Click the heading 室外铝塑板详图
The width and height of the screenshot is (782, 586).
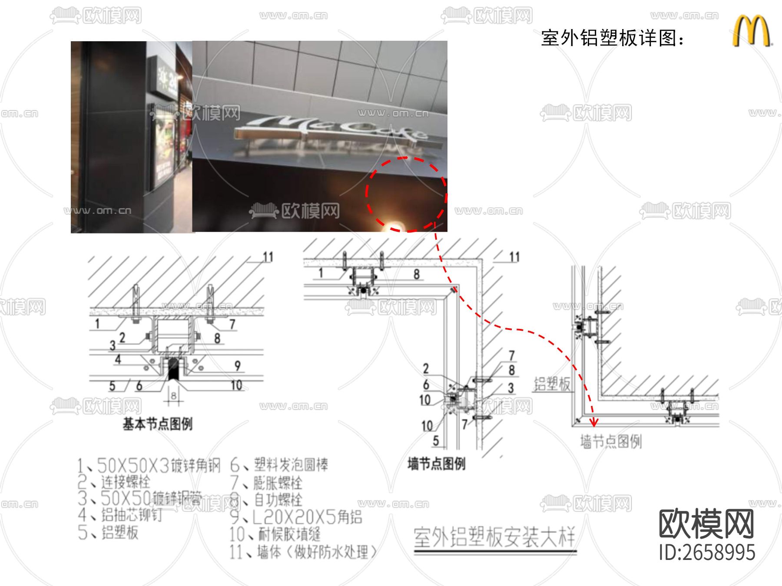click(x=613, y=38)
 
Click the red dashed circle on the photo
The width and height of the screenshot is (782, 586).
click(x=406, y=194)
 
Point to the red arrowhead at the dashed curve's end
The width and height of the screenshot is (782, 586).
click(x=593, y=421)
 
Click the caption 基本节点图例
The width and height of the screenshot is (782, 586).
click(x=157, y=424)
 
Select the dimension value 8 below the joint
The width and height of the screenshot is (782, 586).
click(x=174, y=396)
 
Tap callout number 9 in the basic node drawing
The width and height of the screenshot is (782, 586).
click(x=238, y=366)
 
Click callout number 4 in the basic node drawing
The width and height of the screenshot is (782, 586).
click(x=118, y=359)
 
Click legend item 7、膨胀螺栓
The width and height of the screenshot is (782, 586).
click(x=266, y=483)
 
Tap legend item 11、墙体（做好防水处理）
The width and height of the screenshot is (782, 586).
click(x=303, y=552)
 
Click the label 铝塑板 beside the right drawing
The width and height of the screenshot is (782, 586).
click(x=552, y=384)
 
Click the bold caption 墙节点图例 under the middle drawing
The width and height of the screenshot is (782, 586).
click(x=436, y=464)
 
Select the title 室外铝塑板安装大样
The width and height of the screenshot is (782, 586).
click(x=494, y=538)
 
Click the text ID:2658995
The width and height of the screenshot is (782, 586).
click(x=707, y=553)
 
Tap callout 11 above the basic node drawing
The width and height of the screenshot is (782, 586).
click(x=268, y=257)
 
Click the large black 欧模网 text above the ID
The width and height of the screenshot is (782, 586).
click(x=706, y=524)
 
